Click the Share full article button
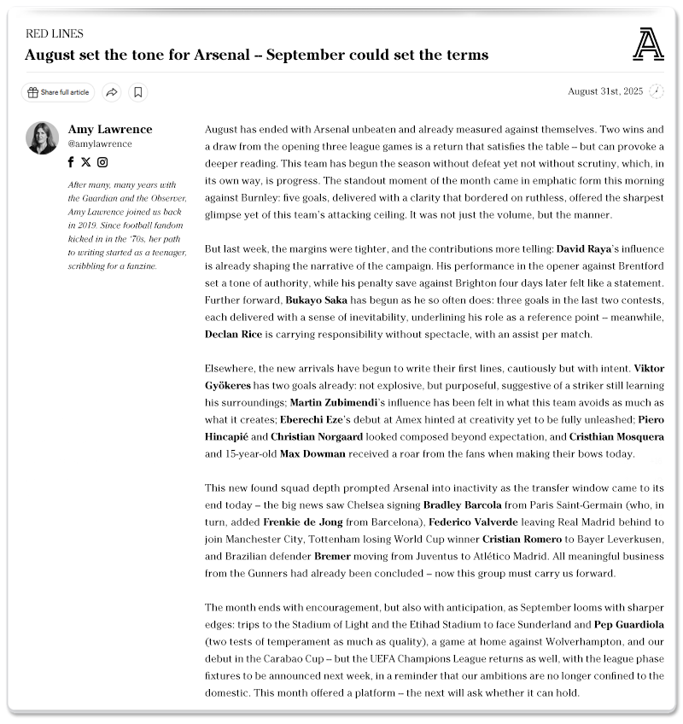tap(58, 92)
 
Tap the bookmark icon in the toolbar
tap(138, 92)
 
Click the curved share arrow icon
tap(112, 92)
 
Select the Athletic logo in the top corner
tap(648, 44)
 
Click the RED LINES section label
tap(55, 34)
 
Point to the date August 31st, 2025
tap(604, 91)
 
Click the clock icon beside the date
tap(657, 91)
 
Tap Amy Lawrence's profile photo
tap(42, 138)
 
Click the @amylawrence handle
tap(100, 144)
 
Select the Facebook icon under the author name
tap(72, 162)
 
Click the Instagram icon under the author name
tap(102, 162)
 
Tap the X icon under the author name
tap(86, 162)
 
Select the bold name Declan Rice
tap(234, 335)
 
